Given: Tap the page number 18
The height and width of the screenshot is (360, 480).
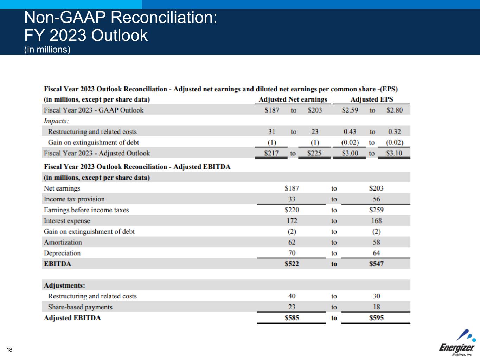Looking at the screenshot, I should coord(9,349).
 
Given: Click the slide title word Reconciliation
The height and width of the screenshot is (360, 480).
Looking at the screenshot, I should coord(169,18).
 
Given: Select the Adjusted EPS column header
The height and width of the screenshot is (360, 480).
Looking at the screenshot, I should coord(372,99).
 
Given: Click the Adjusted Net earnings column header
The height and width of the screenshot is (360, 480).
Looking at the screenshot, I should coord(293,99).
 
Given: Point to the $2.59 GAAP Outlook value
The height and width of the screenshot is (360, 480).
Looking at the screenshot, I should coord(350,110).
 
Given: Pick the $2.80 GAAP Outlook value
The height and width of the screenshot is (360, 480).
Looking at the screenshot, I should coord(395,110).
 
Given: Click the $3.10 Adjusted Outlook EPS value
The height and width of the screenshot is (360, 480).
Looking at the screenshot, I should coord(394,153).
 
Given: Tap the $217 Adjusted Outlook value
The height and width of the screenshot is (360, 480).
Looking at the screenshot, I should coord(271,153).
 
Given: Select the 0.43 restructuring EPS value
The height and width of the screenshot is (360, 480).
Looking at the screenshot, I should coord(350,132).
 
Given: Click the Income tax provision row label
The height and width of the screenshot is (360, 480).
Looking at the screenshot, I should coord(74,199).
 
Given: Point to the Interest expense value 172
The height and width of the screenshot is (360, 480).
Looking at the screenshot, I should coord(292,221).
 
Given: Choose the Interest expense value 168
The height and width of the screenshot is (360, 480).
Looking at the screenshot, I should coord(376,221).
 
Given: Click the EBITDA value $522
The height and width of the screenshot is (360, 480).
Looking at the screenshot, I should coord(292,264).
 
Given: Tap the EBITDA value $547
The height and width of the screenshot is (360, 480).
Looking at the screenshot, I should coord(376,264).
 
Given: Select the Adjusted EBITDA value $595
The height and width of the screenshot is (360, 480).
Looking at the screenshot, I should coord(376,318).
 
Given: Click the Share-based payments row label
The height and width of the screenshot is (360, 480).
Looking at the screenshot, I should coord(80,307).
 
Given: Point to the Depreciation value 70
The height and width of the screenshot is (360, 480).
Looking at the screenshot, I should coord(292,253).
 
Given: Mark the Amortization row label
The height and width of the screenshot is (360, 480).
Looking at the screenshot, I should coord(63,242).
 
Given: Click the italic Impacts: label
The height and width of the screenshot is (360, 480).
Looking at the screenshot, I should coord(56,121).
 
